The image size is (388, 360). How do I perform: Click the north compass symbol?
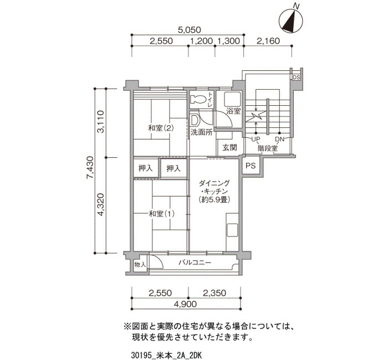[x=291, y=20]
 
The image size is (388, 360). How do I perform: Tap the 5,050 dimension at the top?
[x=190, y=30]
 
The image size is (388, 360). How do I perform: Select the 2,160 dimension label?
[x=268, y=41]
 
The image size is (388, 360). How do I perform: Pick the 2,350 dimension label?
[x=215, y=293]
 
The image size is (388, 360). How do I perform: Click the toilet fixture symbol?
[x=198, y=100]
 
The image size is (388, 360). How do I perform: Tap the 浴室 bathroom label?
[x=233, y=111]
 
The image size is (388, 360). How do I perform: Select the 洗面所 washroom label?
[x=201, y=132]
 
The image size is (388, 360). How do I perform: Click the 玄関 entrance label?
[x=230, y=148]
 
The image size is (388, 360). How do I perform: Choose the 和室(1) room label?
[x=161, y=214]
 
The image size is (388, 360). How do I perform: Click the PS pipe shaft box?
[x=251, y=166]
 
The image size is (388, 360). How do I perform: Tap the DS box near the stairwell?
[x=296, y=78]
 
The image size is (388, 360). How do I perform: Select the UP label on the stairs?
[x=256, y=139]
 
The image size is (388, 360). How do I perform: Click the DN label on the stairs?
[x=280, y=139]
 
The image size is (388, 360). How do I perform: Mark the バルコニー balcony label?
[x=195, y=263]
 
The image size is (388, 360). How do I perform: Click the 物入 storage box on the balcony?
[x=140, y=265]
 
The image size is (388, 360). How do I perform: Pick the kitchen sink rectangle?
[x=232, y=230]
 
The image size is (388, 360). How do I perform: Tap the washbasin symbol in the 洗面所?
[x=195, y=120]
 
